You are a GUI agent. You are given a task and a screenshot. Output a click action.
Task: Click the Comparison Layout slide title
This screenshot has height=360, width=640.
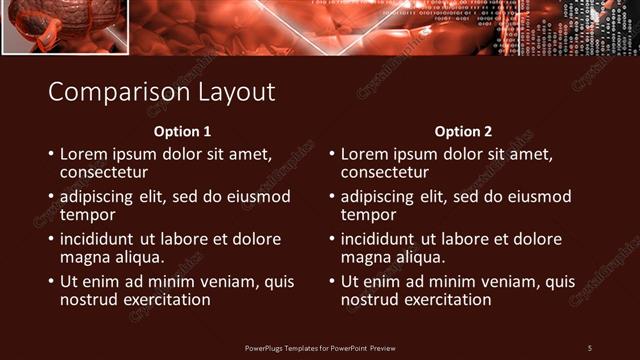(161, 92)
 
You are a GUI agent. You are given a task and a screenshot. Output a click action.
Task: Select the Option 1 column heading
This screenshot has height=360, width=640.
(182, 132)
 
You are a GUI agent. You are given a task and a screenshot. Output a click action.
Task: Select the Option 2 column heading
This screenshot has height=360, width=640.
(463, 132)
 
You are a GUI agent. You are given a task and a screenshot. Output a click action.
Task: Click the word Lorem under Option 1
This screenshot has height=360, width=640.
(84, 155)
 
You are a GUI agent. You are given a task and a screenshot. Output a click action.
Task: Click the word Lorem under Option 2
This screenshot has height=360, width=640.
(365, 155)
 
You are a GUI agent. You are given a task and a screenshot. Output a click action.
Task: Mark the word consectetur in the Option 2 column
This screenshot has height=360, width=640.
(385, 173)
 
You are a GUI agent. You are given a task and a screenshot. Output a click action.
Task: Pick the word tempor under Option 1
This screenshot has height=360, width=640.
(88, 215)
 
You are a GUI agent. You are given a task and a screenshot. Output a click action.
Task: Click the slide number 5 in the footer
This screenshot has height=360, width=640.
(590, 347)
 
